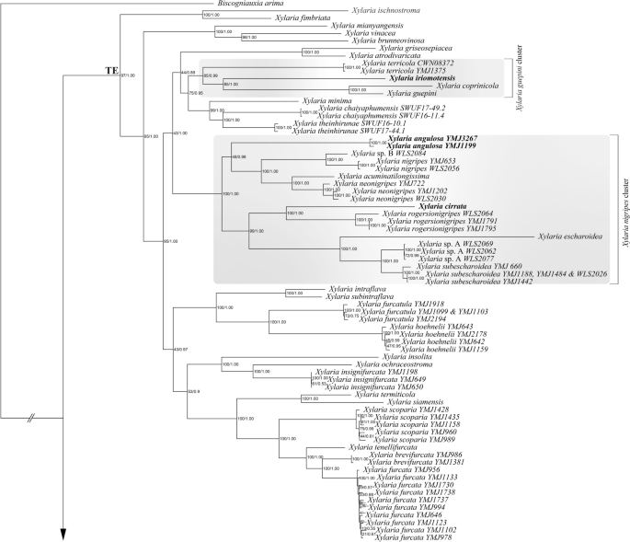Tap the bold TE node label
(111, 70)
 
